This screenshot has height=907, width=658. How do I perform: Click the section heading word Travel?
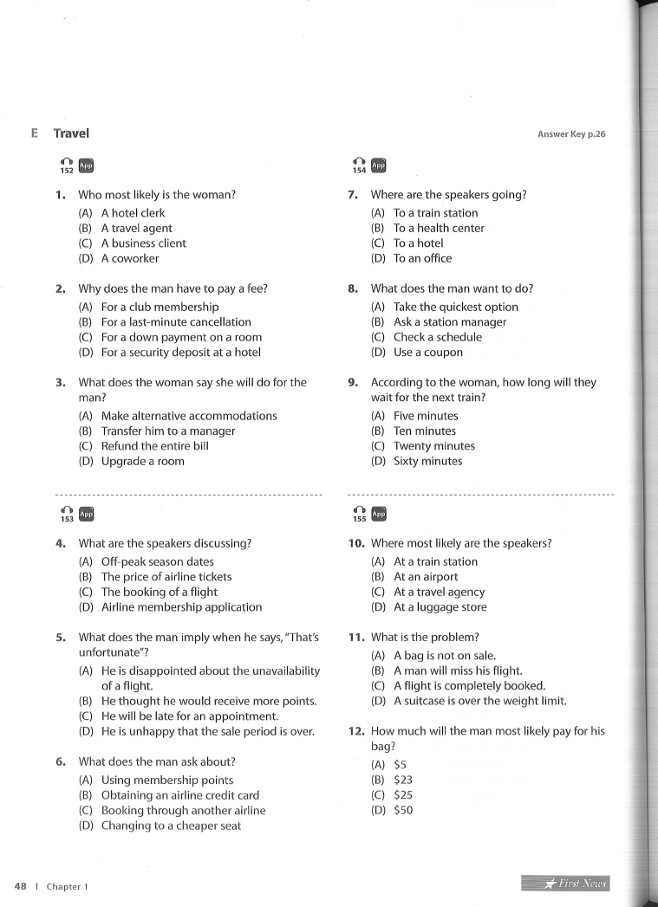[x=71, y=133]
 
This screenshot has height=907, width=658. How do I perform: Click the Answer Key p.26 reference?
[x=571, y=134]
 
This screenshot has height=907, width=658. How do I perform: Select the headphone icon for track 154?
[x=359, y=162]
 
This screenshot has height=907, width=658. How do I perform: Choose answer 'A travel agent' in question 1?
[x=136, y=228]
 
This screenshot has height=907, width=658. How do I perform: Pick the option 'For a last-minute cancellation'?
[x=176, y=322]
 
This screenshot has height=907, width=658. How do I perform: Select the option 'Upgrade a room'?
[x=142, y=462]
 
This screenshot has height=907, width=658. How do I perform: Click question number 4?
[x=62, y=544]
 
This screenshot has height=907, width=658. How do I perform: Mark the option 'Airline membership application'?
[x=181, y=607]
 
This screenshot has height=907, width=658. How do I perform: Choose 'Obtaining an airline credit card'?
[x=180, y=795]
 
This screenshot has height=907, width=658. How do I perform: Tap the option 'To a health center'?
[x=439, y=228]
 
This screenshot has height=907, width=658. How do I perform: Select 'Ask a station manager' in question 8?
[x=450, y=322]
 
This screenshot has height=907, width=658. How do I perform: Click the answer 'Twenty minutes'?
[x=433, y=446]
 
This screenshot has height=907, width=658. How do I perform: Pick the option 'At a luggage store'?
[x=440, y=607]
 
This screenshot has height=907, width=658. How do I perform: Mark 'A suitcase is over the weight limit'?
[x=479, y=702]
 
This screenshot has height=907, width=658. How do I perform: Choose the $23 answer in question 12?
[x=403, y=780]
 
